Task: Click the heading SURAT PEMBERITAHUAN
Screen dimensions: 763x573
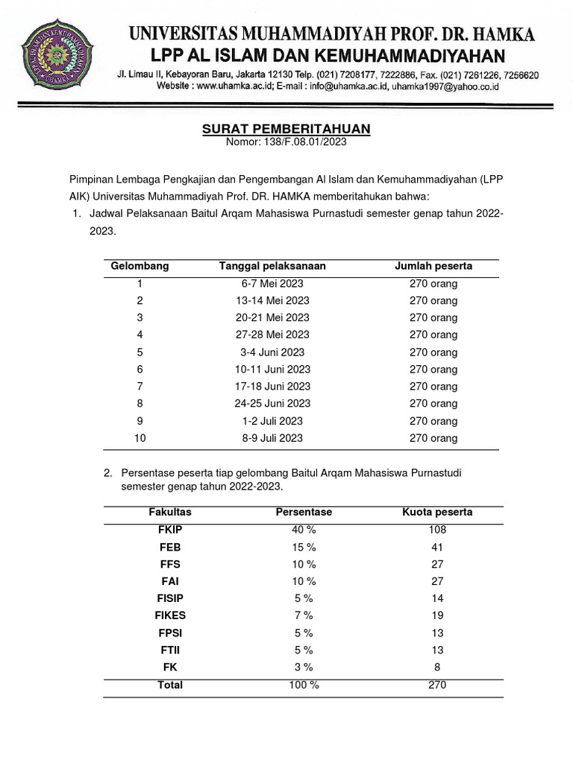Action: [286, 129]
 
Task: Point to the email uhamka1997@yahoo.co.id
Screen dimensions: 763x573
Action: [445, 86]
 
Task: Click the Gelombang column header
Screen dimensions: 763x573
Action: [140, 266]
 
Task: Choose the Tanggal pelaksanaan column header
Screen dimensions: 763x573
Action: [272, 266]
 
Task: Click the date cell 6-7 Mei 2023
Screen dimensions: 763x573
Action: [272, 284]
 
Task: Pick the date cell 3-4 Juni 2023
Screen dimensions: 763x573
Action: [272, 352]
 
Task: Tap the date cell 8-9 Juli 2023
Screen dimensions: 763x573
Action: [272, 438]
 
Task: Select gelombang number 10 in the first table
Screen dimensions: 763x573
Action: [140, 438]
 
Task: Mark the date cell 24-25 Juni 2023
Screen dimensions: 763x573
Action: [272, 404]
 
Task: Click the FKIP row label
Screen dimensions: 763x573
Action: [170, 530]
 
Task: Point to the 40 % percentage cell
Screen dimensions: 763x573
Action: [304, 530]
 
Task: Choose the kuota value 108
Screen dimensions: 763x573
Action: [437, 530]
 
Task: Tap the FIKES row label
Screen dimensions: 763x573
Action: [170, 615]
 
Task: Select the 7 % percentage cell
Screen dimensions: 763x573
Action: [304, 615]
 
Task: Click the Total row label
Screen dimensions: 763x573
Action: [170, 685]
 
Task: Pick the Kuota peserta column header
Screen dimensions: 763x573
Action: [437, 513]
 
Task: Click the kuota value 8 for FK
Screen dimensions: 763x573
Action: [437, 667]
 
